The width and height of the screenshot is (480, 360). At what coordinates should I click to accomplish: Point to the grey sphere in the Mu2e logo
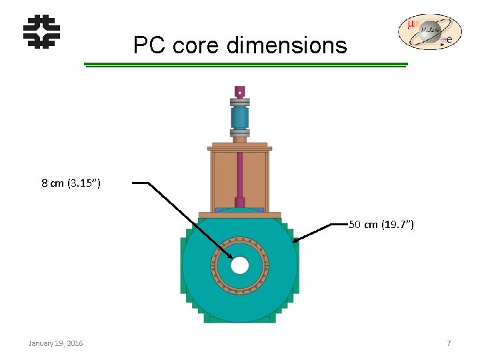click(431, 31)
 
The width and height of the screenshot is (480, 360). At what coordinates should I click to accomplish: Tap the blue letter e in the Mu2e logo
click(450, 40)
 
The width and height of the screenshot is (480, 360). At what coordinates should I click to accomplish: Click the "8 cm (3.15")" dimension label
click(71, 183)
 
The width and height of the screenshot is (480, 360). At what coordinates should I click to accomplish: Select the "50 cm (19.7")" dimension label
click(381, 225)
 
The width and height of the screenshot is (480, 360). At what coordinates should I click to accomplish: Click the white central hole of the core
click(239, 266)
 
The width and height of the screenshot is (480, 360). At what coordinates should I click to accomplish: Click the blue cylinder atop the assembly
click(239, 118)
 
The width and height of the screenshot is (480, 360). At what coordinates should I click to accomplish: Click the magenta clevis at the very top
click(239, 91)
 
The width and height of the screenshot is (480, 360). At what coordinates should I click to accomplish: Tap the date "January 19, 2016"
click(56, 343)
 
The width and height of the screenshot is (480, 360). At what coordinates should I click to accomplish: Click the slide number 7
click(449, 343)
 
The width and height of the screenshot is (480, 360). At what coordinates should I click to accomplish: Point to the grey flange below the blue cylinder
click(239, 133)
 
